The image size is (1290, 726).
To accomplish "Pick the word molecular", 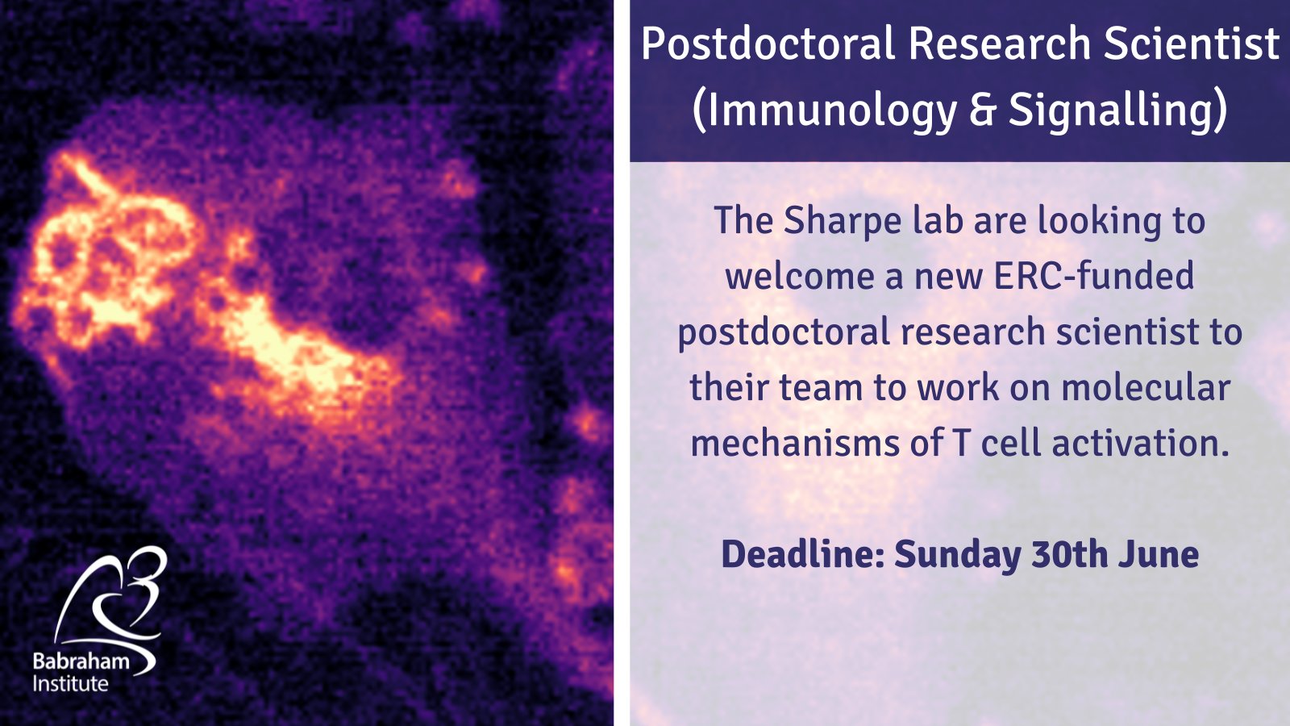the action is [1146, 387].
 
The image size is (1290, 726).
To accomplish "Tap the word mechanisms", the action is [795, 443].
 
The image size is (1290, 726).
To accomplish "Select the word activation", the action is [1141, 443].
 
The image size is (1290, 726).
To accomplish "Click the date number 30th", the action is [1069, 554].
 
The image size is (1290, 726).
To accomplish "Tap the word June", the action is [1159, 554].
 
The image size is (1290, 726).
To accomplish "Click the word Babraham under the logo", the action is [81, 661].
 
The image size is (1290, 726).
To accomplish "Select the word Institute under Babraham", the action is [70, 684].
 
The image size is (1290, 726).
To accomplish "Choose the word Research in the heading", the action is [1000, 44].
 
